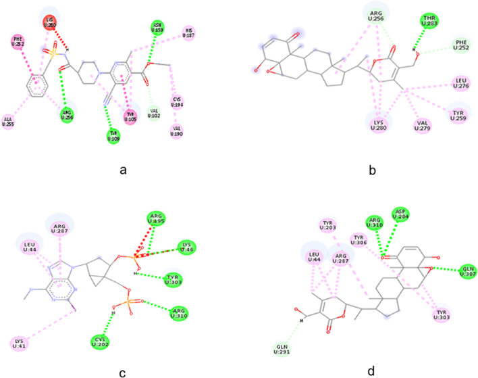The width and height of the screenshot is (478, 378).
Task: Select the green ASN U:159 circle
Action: click(157, 27)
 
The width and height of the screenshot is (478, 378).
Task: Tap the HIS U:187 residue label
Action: click(190, 32)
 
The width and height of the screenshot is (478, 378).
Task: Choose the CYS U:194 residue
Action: click(178, 103)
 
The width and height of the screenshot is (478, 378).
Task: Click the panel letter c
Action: click(123, 369)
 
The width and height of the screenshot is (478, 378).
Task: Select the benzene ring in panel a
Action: click(35, 87)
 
